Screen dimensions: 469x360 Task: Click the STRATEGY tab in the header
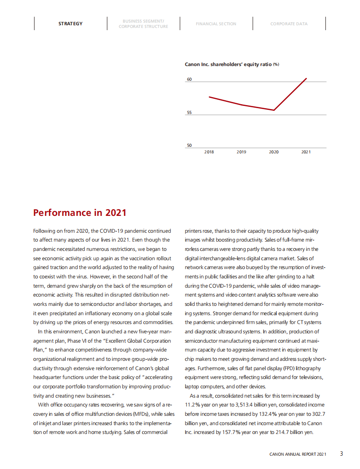click(x=70, y=23)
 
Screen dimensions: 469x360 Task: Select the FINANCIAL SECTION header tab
click(x=216, y=23)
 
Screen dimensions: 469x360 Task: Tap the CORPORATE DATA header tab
click(x=289, y=23)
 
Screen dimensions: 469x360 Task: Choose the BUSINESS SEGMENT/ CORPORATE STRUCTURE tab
click(x=143, y=24)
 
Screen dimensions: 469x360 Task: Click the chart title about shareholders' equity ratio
click(x=231, y=64)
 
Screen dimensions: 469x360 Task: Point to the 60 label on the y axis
click(x=189, y=79)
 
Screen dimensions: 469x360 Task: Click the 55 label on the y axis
click(x=189, y=113)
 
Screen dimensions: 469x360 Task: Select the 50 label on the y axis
click(x=189, y=145)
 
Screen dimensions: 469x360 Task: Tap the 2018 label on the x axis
click(x=209, y=152)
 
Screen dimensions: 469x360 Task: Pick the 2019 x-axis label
click(x=241, y=152)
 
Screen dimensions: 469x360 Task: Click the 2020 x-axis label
click(x=274, y=152)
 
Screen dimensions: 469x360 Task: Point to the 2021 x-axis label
click(x=306, y=152)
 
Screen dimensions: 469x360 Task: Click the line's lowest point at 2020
click(x=274, y=110)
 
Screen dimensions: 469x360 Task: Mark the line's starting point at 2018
click(x=209, y=97)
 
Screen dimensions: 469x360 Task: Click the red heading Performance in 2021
click(x=80, y=213)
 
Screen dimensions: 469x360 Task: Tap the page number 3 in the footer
click(x=341, y=453)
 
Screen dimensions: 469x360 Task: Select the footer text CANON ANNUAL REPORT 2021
click(x=298, y=454)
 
